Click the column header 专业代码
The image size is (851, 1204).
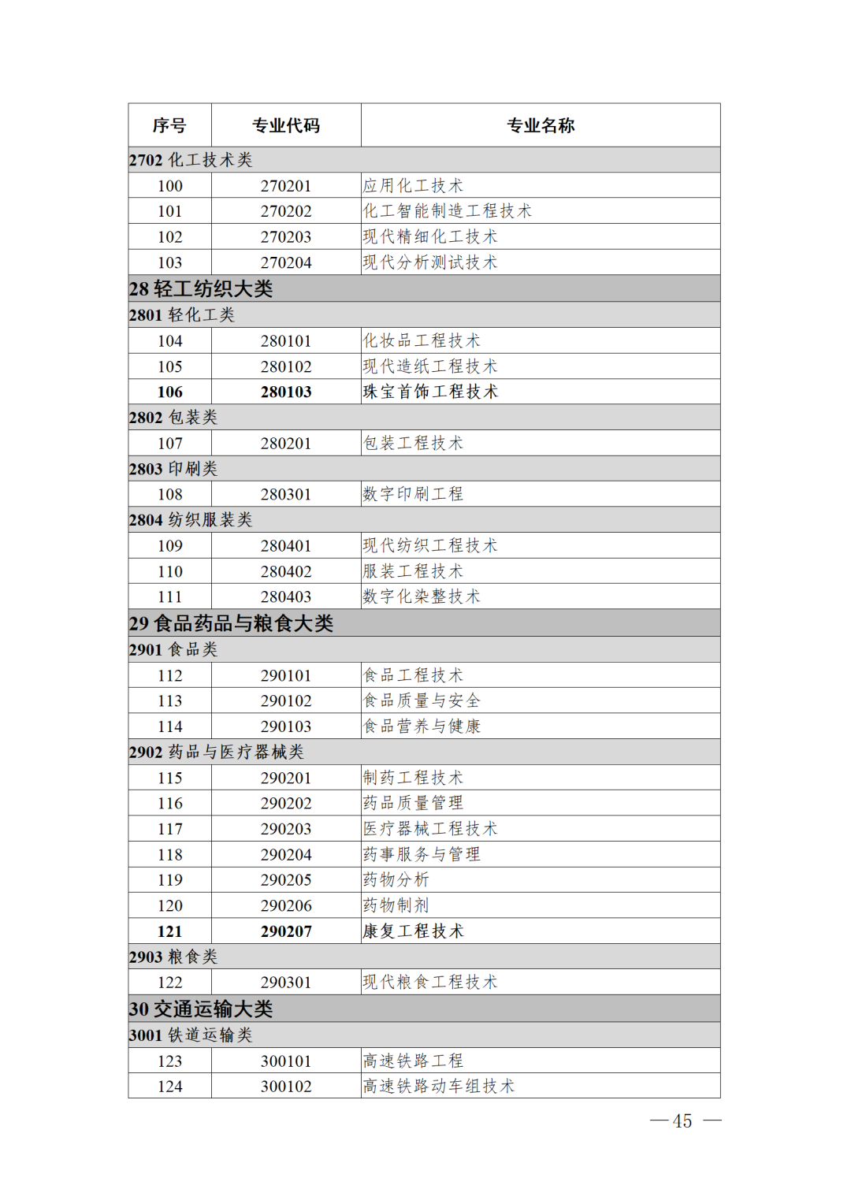[286, 125]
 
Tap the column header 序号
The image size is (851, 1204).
[169, 125]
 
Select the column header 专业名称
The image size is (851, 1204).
[541, 125]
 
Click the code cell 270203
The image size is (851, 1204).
[286, 237]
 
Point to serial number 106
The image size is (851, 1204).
[169, 392]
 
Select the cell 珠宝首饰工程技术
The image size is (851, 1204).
[430, 392]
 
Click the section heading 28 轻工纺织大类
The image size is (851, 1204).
[201, 289]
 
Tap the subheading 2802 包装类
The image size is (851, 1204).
[173, 418]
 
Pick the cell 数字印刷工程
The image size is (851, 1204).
[413, 495]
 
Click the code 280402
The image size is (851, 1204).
[286, 572]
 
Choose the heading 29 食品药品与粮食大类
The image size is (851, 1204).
[231, 624]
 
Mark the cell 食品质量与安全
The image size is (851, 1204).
[422, 701]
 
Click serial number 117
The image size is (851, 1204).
[169, 829]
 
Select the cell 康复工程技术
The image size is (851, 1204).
[413, 931]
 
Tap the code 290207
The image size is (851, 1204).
[286, 931]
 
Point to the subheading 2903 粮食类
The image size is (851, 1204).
[173, 957]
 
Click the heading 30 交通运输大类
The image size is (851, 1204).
[201, 1009]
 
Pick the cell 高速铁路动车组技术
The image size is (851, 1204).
[438, 1087]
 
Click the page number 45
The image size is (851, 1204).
[682, 1121]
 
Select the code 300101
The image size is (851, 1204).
[286, 1061]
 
